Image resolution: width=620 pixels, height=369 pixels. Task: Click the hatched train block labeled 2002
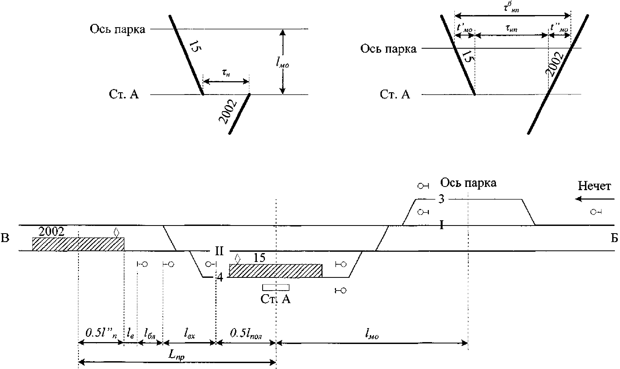pyautogui.click(x=78, y=244)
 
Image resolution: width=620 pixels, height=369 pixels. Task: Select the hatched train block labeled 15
pyautogui.click(x=275, y=271)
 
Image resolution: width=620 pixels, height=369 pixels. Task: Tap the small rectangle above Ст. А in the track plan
pyautogui.click(x=276, y=288)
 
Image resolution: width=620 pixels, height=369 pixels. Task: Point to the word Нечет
pyautogui.click(x=594, y=186)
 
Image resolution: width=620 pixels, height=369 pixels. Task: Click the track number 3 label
pyautogui.click(x=441, y=199)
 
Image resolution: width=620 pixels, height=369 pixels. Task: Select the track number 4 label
pyautogui.click(x=220, y=277)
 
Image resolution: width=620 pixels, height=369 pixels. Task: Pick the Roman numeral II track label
pyautogui.click(x=219, y=251)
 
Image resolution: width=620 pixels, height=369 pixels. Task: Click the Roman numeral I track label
pyautogui.click(x=441, y=225)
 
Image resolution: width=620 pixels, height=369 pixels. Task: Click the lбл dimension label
pyautogui.click(x=150, y=334)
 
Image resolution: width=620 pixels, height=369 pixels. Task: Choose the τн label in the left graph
pyautogui.click(x=226, y=73)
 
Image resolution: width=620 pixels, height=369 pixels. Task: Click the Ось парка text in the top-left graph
pyautogui.click(x=117, y=29)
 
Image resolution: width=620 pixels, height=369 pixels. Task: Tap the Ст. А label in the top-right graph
pyautogui.click(x=395, y=95)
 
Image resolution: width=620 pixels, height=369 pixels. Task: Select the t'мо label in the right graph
pyautogui.click(x=464, y=28)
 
